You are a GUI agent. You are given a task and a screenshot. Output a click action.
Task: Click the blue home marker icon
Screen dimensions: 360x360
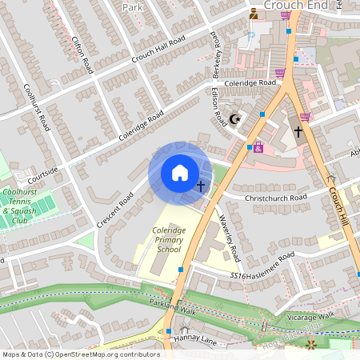coord(180,173)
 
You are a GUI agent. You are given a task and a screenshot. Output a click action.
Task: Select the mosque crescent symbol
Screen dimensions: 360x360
coord(234,119)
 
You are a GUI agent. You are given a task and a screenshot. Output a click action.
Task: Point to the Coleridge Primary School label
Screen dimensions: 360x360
coord(169,241)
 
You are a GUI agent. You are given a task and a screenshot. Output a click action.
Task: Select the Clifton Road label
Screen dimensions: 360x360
coord(82,55)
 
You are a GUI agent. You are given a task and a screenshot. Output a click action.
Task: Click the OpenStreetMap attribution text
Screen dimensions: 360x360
coord(81,354)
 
